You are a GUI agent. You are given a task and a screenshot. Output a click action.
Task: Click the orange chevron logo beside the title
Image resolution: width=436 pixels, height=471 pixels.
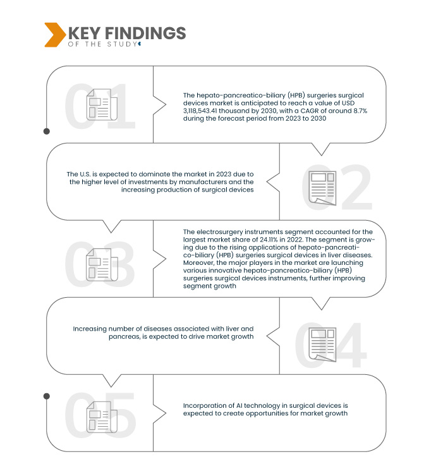tap(53, 34)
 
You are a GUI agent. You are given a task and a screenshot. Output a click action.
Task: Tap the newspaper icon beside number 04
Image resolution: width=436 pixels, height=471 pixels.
tap(321, 345)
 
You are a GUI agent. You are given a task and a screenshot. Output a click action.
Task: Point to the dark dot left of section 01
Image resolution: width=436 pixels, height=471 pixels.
tap(46, 132)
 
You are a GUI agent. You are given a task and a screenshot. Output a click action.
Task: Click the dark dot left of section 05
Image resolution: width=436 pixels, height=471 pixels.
tap(46, 396)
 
